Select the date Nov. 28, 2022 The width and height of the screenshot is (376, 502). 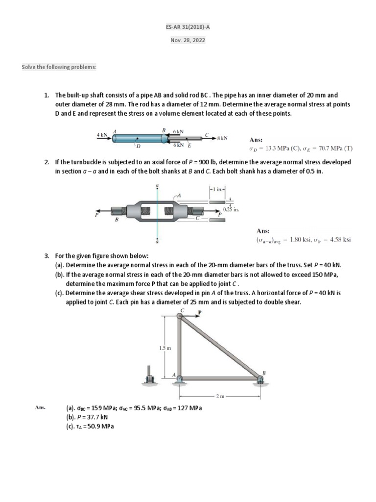pos(188,41)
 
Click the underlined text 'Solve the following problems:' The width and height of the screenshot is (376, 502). pos(59,67)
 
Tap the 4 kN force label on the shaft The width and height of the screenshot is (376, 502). pos(102,134)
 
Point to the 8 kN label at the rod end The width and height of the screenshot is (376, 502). pos(222,138)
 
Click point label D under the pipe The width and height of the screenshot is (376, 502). pos(138,146)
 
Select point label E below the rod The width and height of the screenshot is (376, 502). pos(189,146)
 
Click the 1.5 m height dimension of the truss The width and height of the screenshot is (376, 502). pos(165,348)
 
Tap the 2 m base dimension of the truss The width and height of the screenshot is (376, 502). pos(220,395)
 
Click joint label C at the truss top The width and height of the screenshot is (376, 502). pos(182,310)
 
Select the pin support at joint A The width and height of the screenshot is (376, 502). pos(180,381)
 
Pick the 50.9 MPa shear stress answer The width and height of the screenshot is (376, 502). pos(96,426)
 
